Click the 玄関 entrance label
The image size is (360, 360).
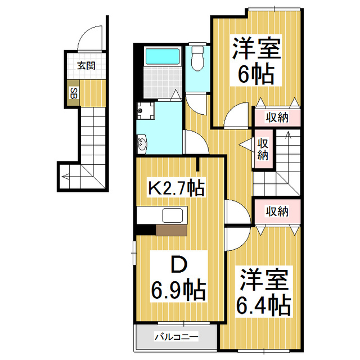(x=86, y=66)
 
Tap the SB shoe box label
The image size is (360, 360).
(x=73, y=93)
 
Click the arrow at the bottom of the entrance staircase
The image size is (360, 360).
(x=66, y=176)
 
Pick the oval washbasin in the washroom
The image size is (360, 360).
(x=141, y=145)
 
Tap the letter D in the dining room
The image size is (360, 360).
(x=178, y=264)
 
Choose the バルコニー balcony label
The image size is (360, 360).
(x=177, y=337)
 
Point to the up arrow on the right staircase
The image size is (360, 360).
(x=287, y=137)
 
